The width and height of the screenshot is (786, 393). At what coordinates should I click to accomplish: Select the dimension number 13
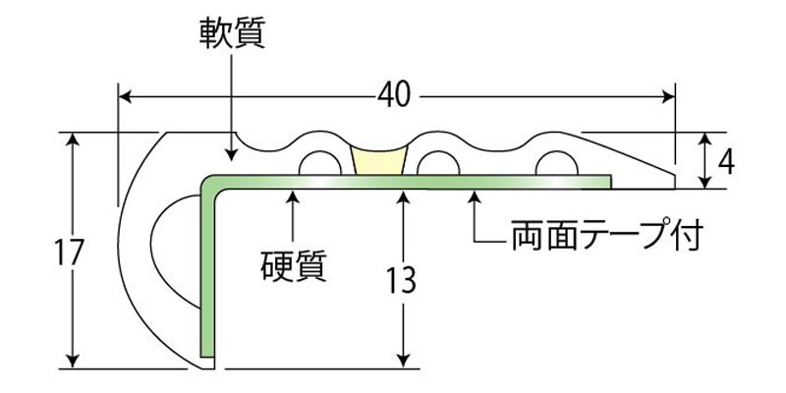[x=401, y=280]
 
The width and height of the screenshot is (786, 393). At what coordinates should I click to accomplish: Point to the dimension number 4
[x=727, y=158]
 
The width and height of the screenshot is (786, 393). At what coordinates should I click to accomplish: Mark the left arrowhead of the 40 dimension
[x=124, y=96]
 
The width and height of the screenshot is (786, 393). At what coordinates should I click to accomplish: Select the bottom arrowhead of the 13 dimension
[x=402, y=360]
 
